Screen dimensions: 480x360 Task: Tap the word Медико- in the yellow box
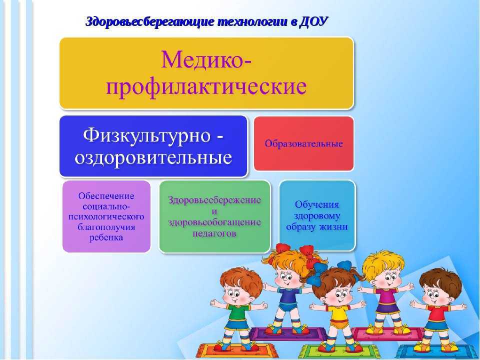coord(206,59)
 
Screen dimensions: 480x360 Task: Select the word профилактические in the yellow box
coord(206,87)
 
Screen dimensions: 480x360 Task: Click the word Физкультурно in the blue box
coord(146,135)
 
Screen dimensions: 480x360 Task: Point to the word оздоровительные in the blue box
coord(153,158)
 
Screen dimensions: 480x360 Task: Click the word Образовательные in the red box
coord(303,143)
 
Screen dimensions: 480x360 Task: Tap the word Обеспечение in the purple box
coord(106,195)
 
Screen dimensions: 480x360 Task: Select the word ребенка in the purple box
coord(106,237)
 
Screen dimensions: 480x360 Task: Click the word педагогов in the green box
coord(214,233)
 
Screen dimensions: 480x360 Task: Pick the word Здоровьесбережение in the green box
coord(214,200)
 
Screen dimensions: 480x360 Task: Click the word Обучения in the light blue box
coord(317,204)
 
